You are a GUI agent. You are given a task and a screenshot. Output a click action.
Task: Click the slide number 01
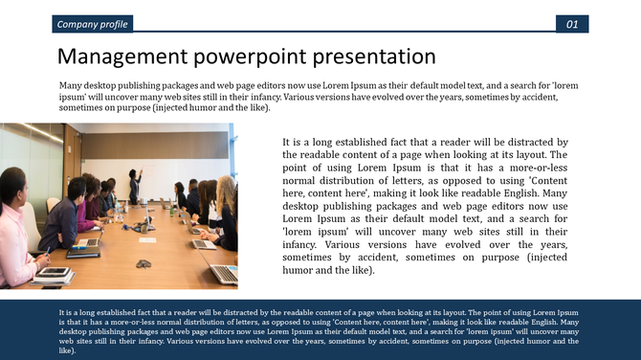[x=571, y=24]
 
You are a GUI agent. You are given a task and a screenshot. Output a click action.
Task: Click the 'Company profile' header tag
[x=92, y=24]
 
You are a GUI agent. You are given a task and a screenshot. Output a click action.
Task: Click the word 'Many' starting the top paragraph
[x=70, y=86]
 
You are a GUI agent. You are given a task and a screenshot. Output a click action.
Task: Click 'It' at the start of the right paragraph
[x=287, y=142]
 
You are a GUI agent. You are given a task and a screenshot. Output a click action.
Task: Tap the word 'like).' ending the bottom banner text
[x=66, y=351]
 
